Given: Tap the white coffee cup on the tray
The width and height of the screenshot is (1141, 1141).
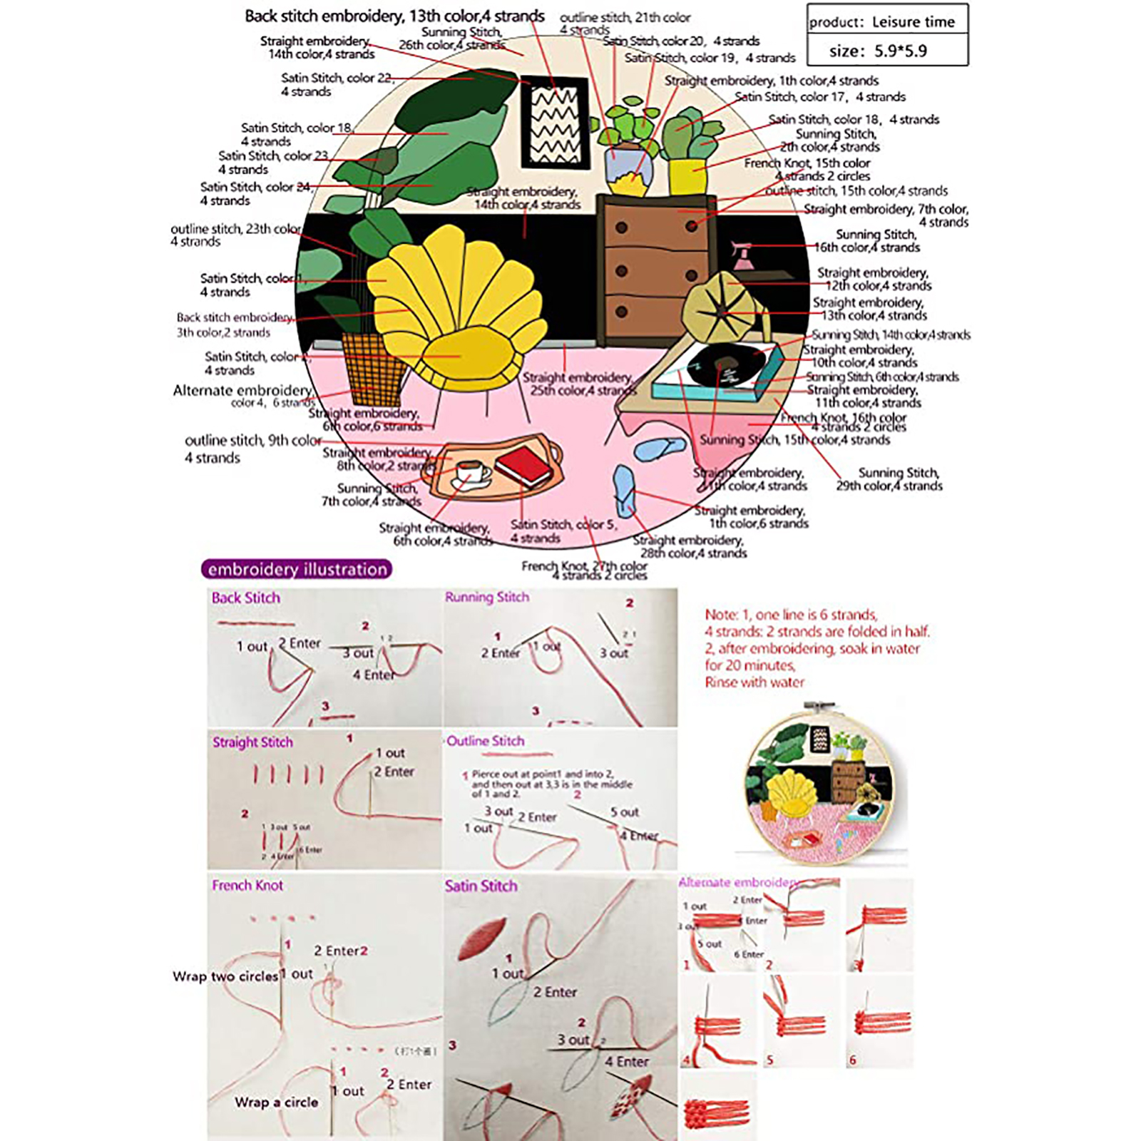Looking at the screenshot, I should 471,473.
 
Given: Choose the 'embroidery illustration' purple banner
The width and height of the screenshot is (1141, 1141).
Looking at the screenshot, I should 297,569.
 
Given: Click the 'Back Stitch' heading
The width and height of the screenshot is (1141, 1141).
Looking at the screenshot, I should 245,598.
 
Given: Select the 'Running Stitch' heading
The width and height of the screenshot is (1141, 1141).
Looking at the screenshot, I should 487,598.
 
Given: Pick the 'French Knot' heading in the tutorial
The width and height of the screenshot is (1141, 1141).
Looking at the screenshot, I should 247,886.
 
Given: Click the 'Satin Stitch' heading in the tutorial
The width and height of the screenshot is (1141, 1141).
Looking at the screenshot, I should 481,886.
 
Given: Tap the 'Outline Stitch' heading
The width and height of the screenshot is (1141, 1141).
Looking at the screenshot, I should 486,742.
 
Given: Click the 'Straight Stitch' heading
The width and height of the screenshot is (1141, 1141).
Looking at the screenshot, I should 252,742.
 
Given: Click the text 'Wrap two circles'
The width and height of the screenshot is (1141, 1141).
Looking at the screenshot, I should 225,976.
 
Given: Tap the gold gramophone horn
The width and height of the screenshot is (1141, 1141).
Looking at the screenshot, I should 715,304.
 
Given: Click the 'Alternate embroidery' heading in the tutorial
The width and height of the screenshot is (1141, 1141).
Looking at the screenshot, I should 738,883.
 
